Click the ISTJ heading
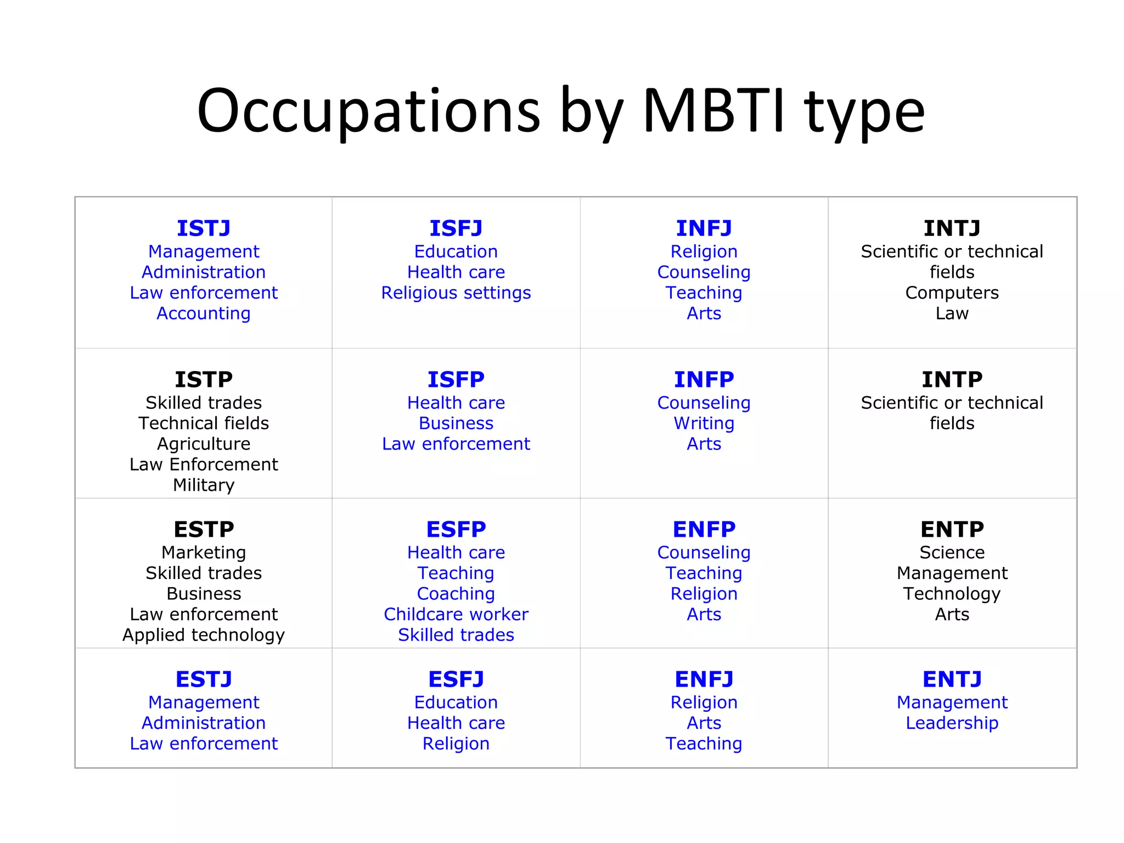click(x=204, y=228)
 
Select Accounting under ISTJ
click(x=204, y=313)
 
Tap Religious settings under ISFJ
click(x=456, y=293)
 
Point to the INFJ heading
click(x=704, y=228)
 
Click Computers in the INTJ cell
click(x=952, y=293)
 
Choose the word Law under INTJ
click(x=952, y=313)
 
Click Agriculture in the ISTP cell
click(x=204, y=444)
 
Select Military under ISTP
click(x=204, y=485)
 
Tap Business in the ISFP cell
click(x=456, y=423)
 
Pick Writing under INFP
click(x=704, y=423)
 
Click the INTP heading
click(x=952, y=380)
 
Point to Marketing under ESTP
click(x=204, y=553)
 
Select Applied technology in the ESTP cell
click(x=204, y=635)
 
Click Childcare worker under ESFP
click(x=456, y=614)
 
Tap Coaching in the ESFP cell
click(x=456, y=594)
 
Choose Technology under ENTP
click(x=952, y=594)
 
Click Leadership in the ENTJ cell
click(x=952, y=723)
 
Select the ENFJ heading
click(x=704, y=679)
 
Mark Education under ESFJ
click(x=456, y=702)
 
